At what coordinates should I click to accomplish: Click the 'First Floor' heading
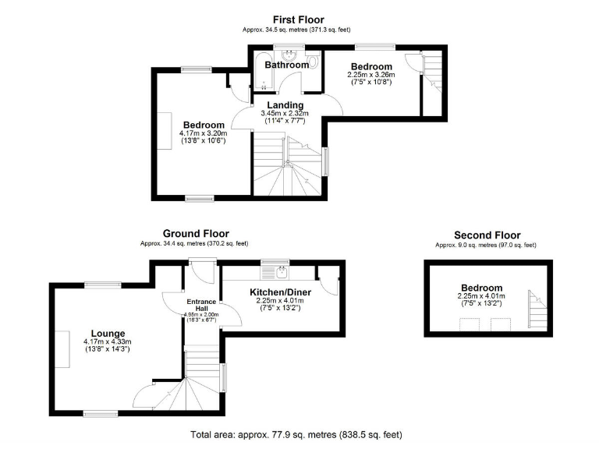[x=298, y=19]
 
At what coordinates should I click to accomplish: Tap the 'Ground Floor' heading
[x=195, y=233]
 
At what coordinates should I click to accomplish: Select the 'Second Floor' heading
[x=487, y=235]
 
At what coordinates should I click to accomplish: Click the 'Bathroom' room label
[x=286, y=65]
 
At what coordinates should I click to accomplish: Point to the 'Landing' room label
[x=285, y=105]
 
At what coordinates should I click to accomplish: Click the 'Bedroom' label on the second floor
[x=481, y=288]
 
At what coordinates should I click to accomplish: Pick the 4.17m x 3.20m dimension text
[x=203, y=133]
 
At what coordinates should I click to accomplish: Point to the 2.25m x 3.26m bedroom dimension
[x=371, y=75]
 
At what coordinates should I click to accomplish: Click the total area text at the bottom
[x=296, y=434]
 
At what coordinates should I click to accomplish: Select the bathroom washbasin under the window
[x=288, y=55]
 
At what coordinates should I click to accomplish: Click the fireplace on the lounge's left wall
[x=58, y=345]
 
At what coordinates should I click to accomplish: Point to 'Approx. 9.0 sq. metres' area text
[x=486, y=246]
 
